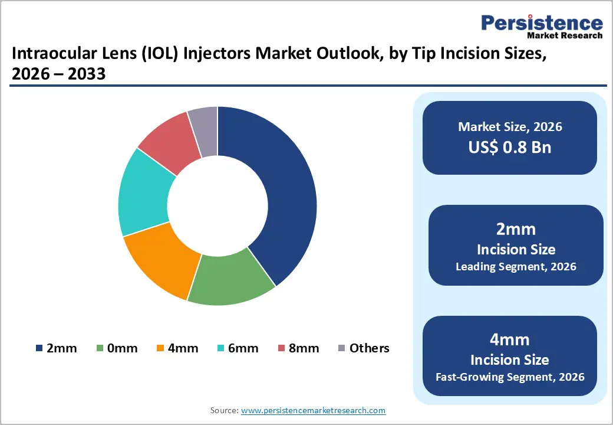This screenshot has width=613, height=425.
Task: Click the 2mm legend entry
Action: pos(57,348)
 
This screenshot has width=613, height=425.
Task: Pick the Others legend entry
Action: pos(364,348)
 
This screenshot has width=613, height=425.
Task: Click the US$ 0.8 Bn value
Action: pos(510,147)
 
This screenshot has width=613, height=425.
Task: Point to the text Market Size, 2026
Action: pos(510,127)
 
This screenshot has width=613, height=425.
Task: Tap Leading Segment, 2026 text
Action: pos(516,267)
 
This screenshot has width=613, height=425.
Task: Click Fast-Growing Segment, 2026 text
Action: pos(510,377)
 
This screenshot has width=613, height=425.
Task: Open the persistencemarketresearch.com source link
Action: pos(313,410)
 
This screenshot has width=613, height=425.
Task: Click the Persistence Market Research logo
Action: pos(542,27)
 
